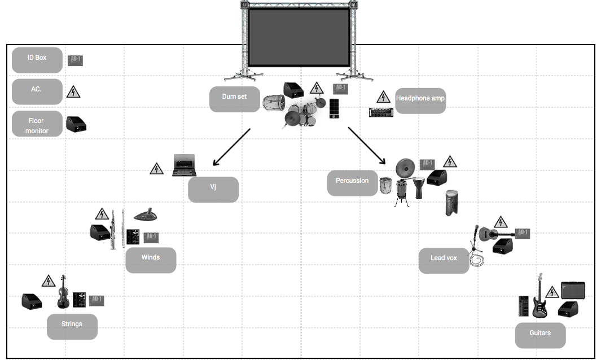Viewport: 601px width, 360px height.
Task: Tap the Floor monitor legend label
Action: (37, 124)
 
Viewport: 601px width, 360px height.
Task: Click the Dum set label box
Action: (234, 99)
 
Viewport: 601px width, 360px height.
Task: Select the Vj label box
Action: (213, 189)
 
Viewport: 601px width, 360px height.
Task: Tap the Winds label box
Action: (151, 260)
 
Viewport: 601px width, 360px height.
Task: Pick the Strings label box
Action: (72, 326)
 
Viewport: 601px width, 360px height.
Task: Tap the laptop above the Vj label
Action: (183, 166)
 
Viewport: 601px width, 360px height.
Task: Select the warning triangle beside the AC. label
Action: (73, 92)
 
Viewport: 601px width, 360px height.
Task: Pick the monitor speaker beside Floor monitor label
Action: (76, 124)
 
